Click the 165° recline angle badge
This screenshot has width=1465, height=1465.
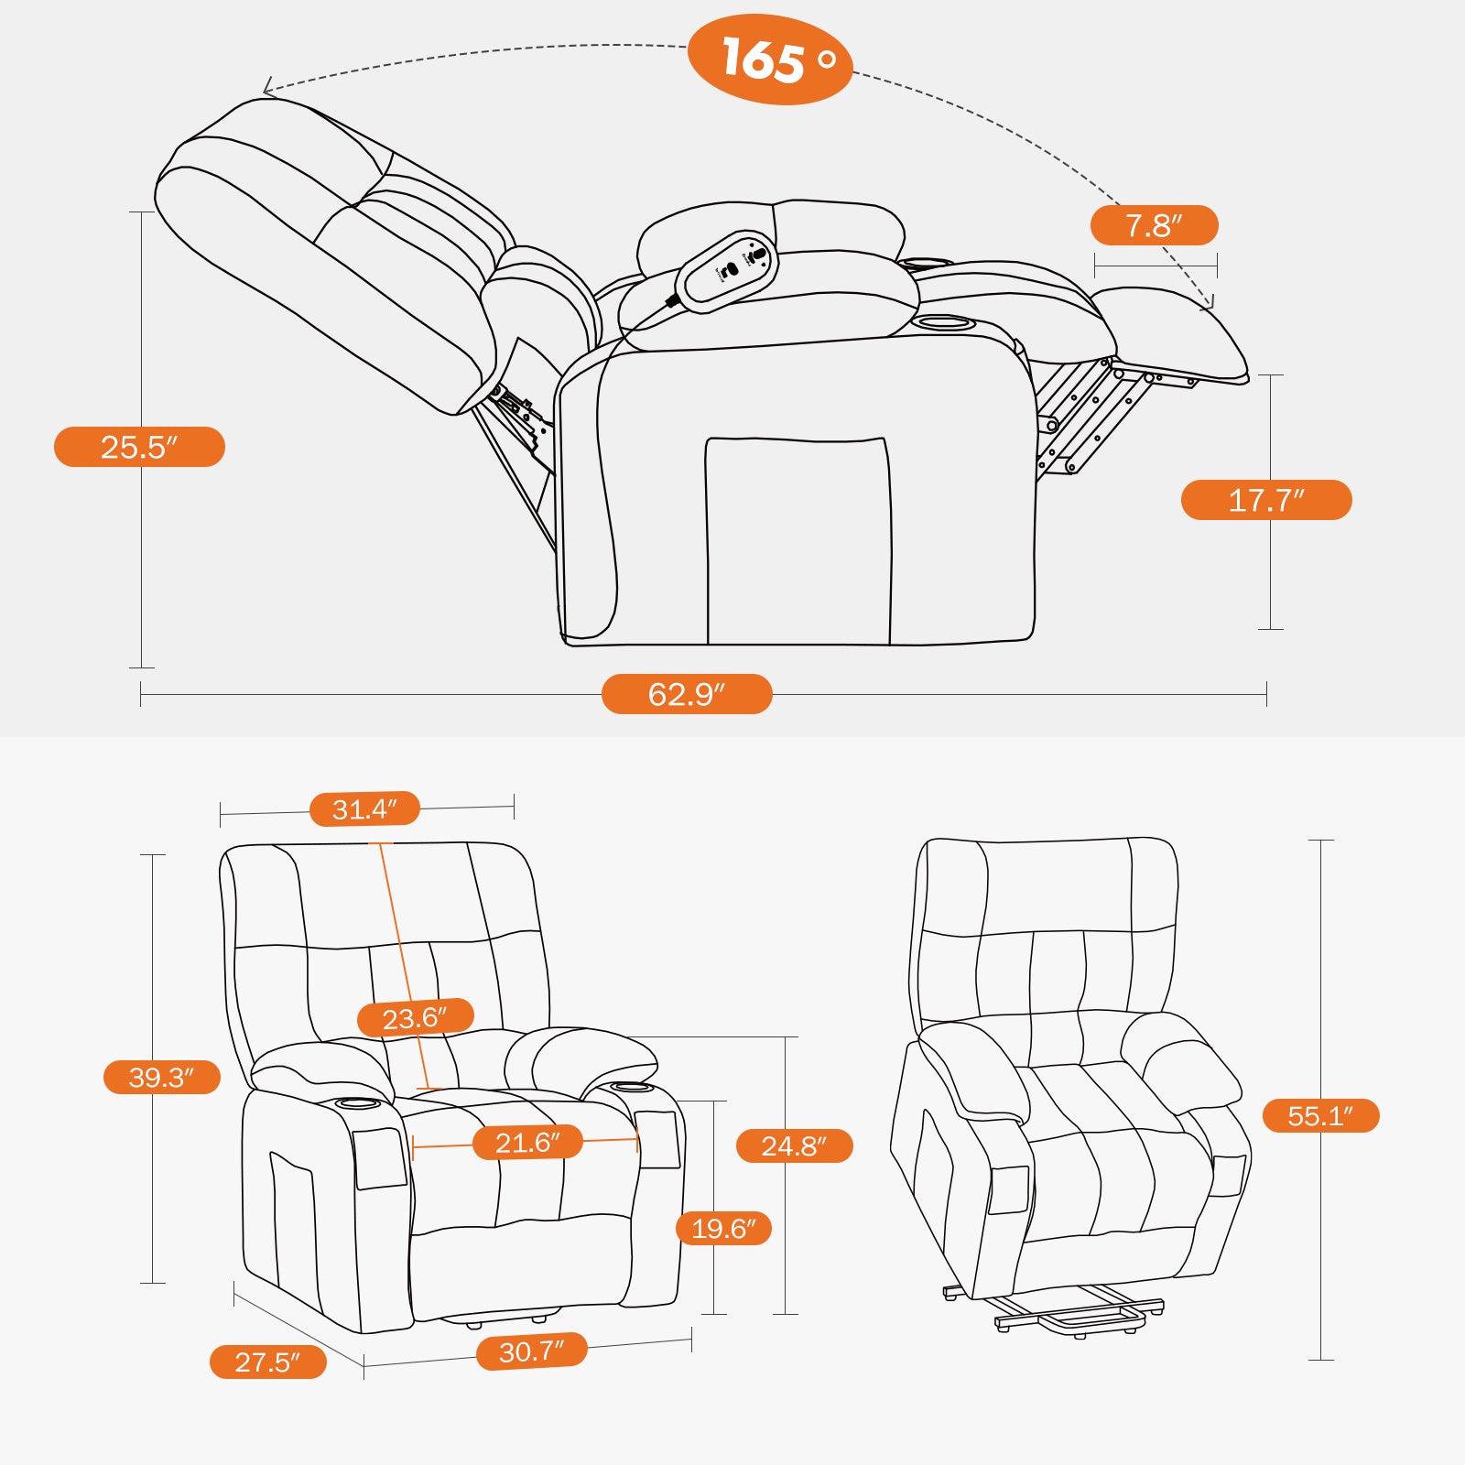click(x=769, y=60)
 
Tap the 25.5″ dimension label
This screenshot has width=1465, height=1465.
click(x=139, y=447)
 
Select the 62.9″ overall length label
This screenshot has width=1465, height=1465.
click(x=687, y=694)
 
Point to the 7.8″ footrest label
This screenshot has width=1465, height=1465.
click(x=1154, y=225)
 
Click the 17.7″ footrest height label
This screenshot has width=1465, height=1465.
click(x=1266, y=500)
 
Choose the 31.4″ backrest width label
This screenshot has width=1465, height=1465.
click(x=364, y=809)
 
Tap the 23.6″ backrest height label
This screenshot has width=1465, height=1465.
click(x=415, y=1017)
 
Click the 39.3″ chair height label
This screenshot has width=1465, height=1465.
click(x=161, y=1077)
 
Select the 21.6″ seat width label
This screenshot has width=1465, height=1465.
click(x=527, y=1142)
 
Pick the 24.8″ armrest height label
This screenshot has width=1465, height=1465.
click(x=794, y=1145)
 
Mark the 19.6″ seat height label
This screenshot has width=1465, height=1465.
click(x=723, y=1228)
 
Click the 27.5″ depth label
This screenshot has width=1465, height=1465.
click(x=267, y=1362)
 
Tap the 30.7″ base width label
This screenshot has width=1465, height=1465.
click(x=531, y=1351)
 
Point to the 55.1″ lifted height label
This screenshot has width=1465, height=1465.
click(x=1320, y=1115)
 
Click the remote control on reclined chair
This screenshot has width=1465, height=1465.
click(x=728, y=270)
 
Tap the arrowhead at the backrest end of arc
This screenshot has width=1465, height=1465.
click(x=266, y=89)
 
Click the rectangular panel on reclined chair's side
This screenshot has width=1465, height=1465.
click(x=797, y=540)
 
